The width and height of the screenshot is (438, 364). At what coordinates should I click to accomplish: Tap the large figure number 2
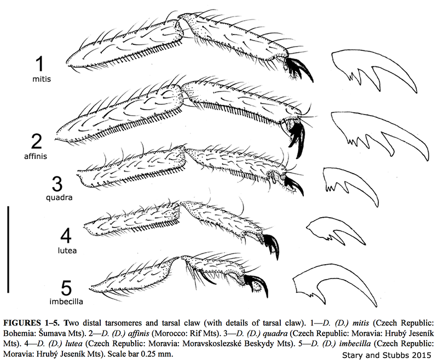(x=37, y=141)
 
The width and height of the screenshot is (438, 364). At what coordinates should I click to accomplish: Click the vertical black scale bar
(x=9, y=249)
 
